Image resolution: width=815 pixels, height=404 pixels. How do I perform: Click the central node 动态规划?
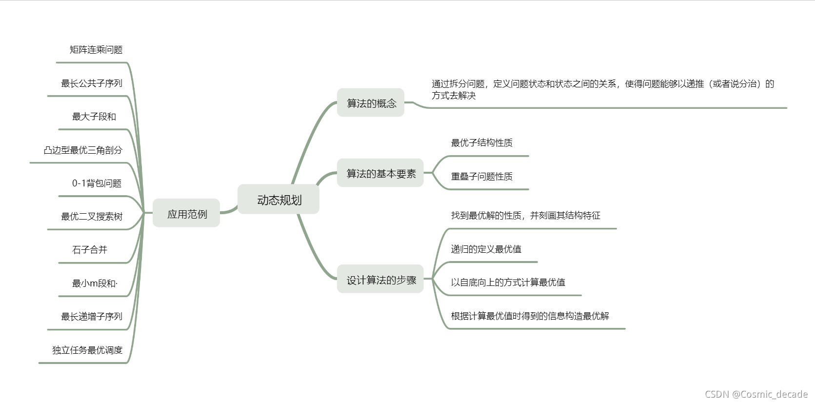coord(278,200)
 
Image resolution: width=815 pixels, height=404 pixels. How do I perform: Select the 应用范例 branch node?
coord(186,214)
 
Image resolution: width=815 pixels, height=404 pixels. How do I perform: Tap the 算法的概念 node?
coord(371,103)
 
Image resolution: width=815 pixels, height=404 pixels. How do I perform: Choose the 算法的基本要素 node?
coord(380,173)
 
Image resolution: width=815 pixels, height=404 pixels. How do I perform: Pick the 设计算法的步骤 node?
coord(380,280)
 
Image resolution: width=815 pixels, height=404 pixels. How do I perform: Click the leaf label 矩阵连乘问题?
coord(96,49)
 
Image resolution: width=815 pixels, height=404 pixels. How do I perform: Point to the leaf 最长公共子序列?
coord(91,83)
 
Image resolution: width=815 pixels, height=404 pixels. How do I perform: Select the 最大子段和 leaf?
coord(94,116)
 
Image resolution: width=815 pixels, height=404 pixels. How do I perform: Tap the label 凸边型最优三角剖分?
coord(83,150)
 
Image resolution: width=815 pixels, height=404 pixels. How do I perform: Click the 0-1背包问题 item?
coord(97,183)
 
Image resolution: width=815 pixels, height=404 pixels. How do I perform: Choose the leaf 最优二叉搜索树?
coord(91,216)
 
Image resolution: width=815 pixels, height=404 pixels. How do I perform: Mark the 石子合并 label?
coord(89,249)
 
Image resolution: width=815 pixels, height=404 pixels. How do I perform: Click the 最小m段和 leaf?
coord(94,283)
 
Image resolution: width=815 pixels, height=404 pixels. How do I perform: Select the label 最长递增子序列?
coord(91,316)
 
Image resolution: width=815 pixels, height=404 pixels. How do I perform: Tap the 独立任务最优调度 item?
coord(87,350)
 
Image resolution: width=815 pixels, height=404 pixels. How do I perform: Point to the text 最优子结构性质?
coord(481,142)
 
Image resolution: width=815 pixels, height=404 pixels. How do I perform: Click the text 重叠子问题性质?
coord(481,176)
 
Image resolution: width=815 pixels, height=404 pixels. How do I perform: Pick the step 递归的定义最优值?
coord(486,249)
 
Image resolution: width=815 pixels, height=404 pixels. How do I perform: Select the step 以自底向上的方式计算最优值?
coord(508,282)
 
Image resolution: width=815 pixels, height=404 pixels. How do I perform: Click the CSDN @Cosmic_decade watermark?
coord(756,394)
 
